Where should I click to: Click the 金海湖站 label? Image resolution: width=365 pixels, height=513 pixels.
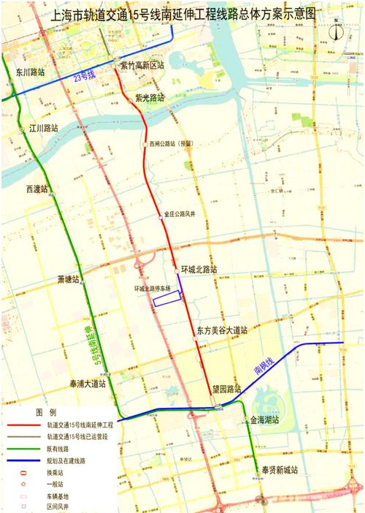click(264, 422)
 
